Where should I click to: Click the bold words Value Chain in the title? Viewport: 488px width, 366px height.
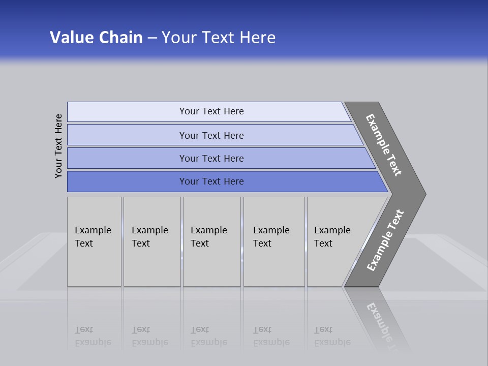(96, 38)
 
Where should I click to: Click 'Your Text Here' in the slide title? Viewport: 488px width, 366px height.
(219, 38)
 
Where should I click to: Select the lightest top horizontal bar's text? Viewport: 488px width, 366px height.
(211, 111)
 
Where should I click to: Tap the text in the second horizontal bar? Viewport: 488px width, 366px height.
(211, 136)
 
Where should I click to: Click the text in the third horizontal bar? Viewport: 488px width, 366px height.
(211, 159)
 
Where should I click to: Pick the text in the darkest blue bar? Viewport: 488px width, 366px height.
(211, 181)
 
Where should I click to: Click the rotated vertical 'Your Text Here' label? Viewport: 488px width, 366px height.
(58, 146)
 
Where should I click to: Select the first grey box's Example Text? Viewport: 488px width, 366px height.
(93, 237)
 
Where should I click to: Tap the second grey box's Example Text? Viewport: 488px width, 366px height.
(149, 237)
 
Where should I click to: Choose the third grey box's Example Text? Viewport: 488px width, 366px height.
(208, 237)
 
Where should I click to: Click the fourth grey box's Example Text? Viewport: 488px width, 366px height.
(271, 237)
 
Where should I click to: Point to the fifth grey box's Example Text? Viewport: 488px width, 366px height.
(332, 237)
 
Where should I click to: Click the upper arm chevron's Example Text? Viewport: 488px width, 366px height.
(384, 145)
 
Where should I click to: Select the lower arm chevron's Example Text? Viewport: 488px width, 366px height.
(385, 240)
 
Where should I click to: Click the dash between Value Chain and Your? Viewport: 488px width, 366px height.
(152, 38)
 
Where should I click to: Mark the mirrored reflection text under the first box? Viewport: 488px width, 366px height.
(93, 336)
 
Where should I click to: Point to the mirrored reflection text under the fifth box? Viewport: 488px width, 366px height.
(332, 336)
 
